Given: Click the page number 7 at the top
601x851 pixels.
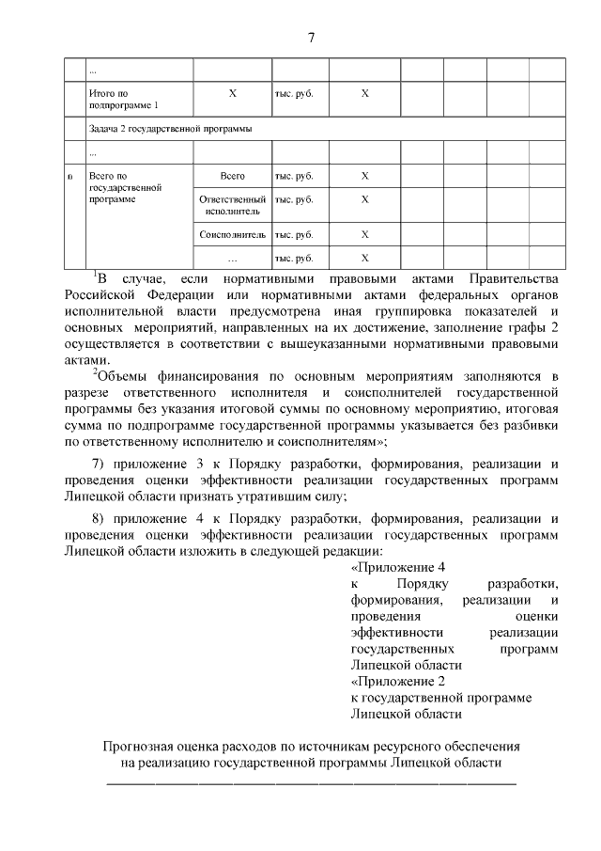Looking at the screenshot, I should tap(311, 38).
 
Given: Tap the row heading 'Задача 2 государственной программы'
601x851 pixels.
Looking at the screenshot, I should tap(169, 128).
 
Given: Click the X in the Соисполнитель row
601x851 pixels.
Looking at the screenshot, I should tap(365, 234).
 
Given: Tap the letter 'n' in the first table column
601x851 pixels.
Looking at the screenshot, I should tap(70, 176).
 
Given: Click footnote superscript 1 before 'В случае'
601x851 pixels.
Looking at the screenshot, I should tap(95, 275).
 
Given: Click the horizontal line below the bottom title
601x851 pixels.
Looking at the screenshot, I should tap(311, 782).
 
